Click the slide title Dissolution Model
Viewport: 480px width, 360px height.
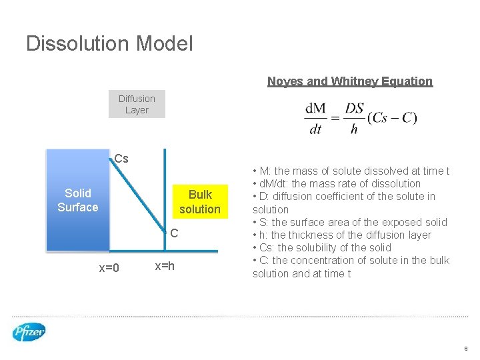(109, 44)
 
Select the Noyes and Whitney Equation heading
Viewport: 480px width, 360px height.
(349, 81)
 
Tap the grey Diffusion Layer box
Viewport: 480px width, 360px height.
(137, 105)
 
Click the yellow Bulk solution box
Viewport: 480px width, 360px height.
(199, 202)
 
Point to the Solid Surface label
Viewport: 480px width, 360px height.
(77, 201)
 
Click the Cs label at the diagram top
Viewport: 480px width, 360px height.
(121, 159)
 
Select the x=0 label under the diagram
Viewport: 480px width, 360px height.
(109, 268)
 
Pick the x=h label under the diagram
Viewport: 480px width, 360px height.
(165, 266)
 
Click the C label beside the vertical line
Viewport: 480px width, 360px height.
(173, 234)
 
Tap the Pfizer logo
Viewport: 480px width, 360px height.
(29, 331)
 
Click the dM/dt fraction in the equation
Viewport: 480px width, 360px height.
(316, 119)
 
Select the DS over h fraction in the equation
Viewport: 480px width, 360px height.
(354, 119)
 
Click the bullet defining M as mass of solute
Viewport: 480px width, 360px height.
(351, 171)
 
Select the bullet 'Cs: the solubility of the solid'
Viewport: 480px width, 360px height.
(321, 247)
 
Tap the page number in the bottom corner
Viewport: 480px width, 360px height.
(466, 348)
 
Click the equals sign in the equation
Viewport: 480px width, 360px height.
(335, 119)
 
